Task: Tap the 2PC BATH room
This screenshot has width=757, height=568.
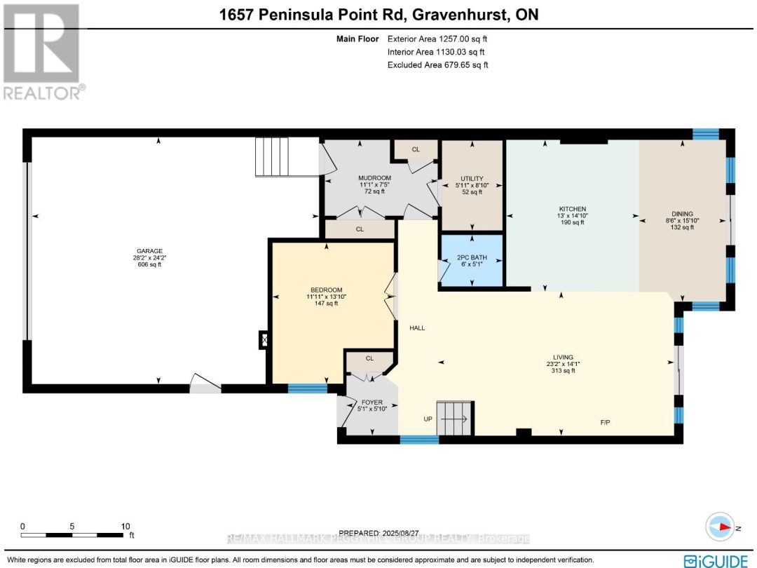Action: point(472,260)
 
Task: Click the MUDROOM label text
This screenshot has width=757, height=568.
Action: point(374,178)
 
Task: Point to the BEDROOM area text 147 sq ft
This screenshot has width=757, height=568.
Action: point(326,304)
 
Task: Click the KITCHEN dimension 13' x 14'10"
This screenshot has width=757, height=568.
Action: point(572,216)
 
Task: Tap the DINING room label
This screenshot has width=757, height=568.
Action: point(682,214)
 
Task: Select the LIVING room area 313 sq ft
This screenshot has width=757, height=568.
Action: point(563,371)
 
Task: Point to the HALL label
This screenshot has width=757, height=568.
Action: point(418,327)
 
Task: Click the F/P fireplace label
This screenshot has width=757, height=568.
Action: point(606,422)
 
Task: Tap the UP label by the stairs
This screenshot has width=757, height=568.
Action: point(427,419)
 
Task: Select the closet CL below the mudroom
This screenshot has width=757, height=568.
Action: point(360,229)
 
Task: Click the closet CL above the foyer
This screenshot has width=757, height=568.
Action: point(369,358)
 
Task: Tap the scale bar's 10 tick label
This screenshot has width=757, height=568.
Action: point(126,526)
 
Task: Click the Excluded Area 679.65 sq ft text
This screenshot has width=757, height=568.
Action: point(437,65)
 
